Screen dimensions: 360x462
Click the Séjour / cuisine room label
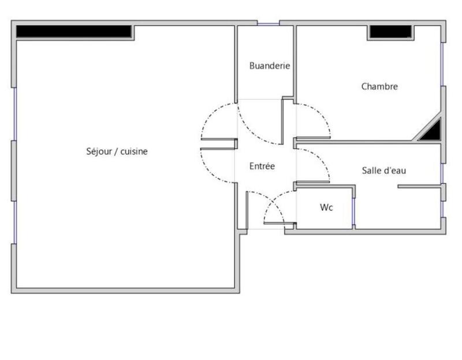coord(117,151)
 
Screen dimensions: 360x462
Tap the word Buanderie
coord(269,66)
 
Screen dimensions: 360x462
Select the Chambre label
coord(379,87)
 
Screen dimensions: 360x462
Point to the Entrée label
coord(262,166)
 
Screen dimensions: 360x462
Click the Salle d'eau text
coord(384,170)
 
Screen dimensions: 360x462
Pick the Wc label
coord(326,207)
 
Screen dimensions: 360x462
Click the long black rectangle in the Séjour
coord(73,31)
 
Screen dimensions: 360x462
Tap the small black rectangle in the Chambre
coord(390,31)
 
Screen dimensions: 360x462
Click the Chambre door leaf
coord(312,138)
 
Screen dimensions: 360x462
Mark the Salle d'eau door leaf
coord(312,183)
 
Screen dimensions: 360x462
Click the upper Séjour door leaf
coord(219,140)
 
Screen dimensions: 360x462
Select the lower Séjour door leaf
coord(218,149)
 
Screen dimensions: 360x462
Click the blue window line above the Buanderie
coord(268,24)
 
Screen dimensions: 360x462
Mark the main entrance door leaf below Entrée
coord(247,210)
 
